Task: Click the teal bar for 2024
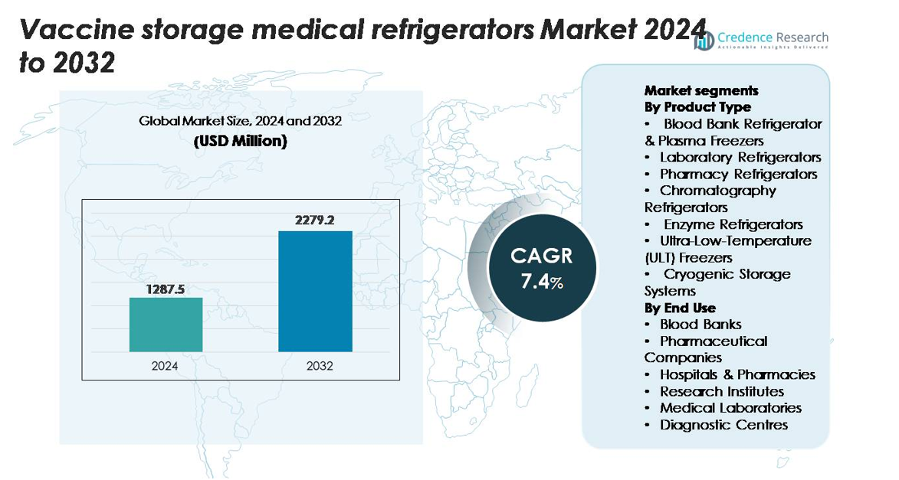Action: click(x=166, y=325)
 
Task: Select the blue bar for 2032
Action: click(x=315, y=291)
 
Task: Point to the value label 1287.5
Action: click(x=166, y=289)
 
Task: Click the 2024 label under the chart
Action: click(x=165, y=366)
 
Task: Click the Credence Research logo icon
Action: click(x=704, y=41)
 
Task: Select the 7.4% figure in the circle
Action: click(x=542, y=282)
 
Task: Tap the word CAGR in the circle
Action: click(x=542, y=256)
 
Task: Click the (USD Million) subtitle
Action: click(x=239, y=141)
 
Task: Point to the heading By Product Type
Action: click(x=697, y=107)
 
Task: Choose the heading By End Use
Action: click(x=680, y=308)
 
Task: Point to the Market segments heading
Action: click(x=701, y=90)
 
